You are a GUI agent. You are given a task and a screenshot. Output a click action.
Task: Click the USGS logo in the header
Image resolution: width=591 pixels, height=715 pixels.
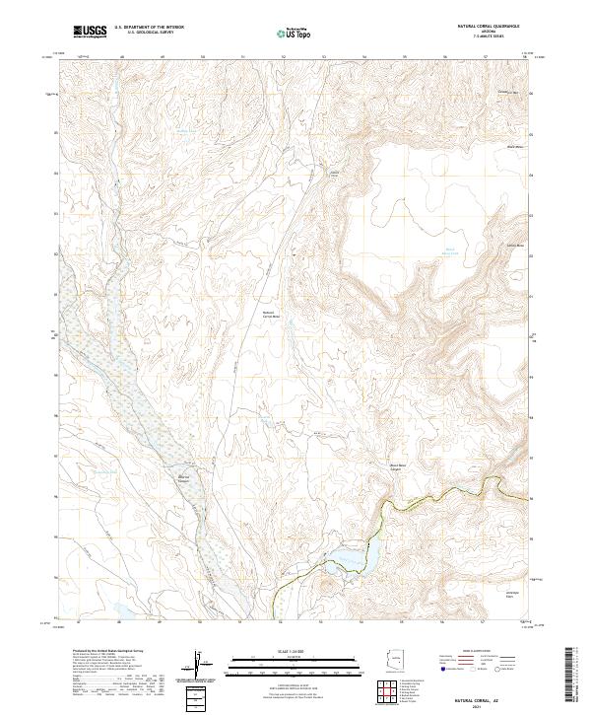point(91,33)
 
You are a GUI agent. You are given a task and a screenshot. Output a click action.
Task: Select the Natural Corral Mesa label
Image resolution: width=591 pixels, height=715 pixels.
point(270,316)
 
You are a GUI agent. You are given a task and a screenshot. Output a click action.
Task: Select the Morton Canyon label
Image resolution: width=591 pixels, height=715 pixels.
point(183,479)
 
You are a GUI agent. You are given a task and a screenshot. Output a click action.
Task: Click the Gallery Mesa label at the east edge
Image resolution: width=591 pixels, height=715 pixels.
point(514,245)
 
